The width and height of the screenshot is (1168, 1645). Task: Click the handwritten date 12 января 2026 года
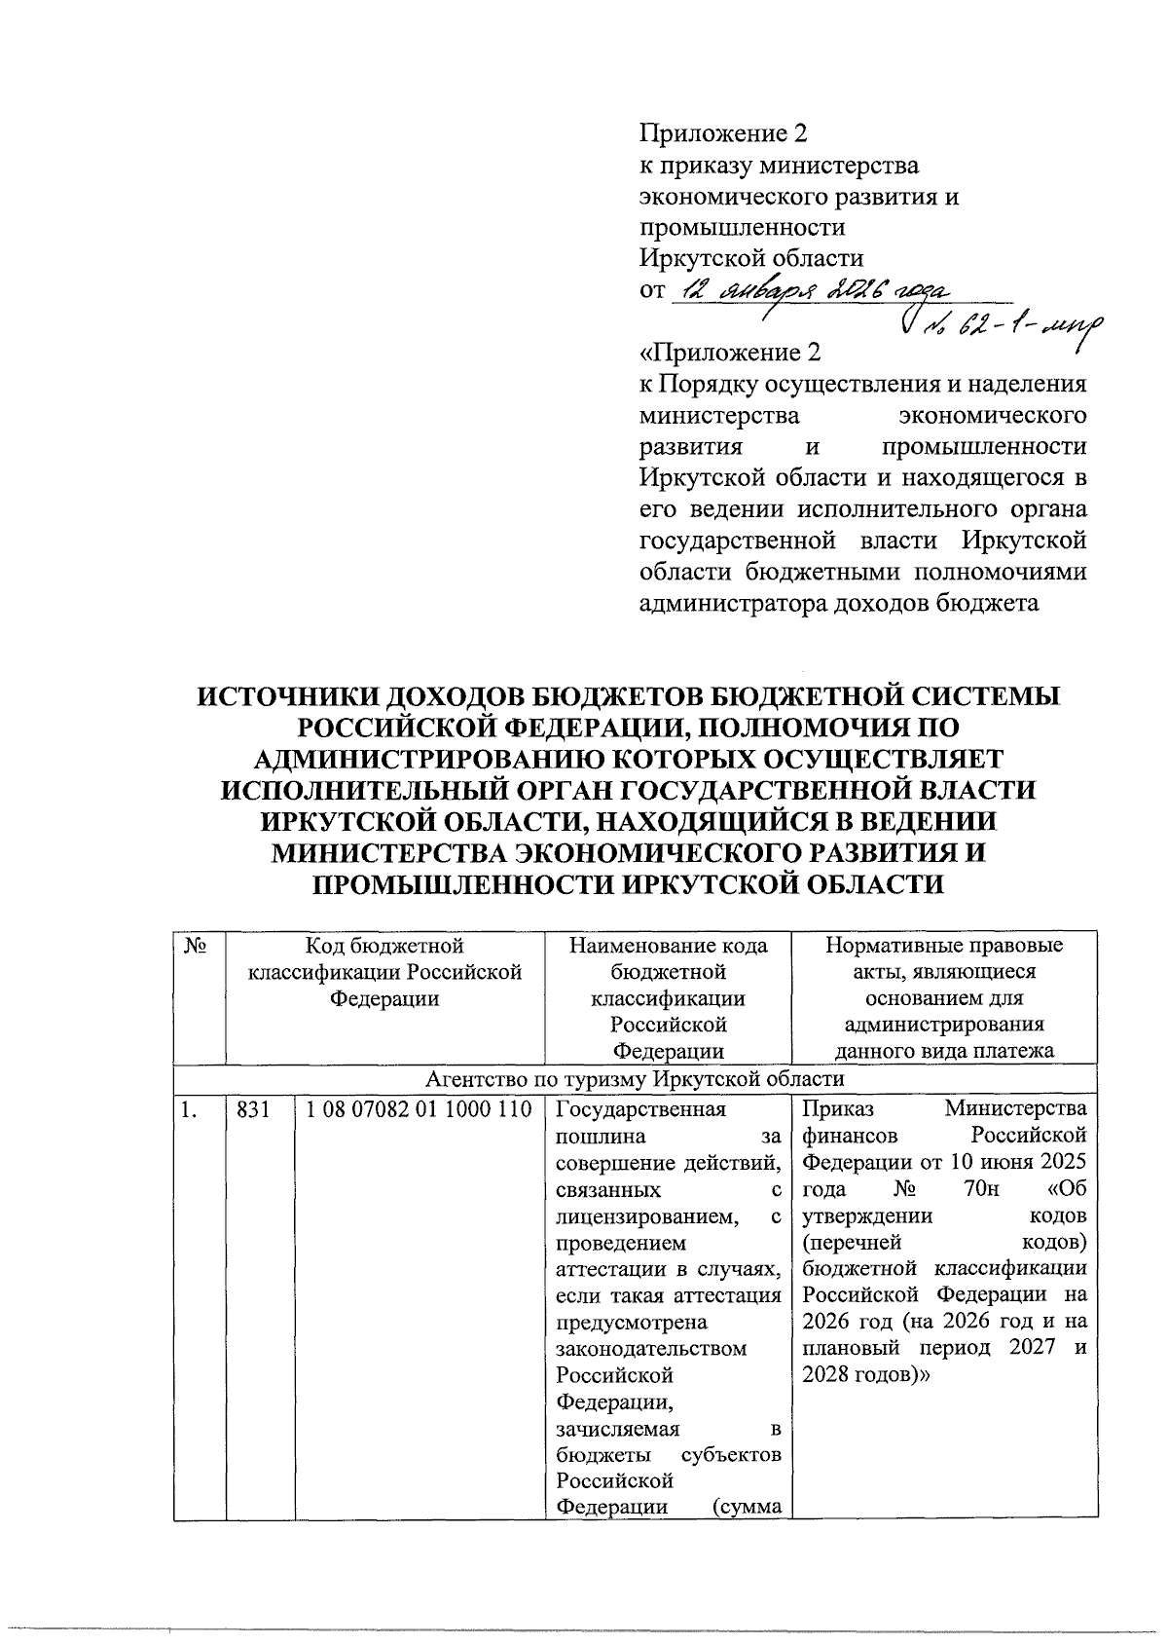click(818, 291)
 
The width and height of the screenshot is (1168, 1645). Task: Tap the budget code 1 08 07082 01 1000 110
click(419, 1109)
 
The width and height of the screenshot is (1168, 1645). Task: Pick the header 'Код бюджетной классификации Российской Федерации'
click(384, 972)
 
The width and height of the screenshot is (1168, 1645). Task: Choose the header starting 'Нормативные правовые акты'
click(944, 998)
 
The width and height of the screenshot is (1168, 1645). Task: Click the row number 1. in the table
click(186, 1109)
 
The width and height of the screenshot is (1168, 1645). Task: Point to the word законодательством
click(650, 1349)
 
